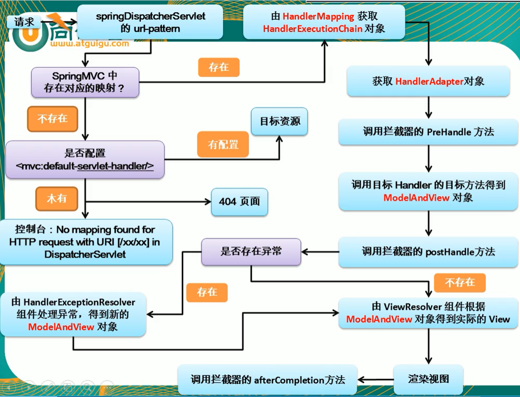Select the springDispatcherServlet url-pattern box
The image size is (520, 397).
click(x=150, y=22)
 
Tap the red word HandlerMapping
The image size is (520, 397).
click(x=318, y=17)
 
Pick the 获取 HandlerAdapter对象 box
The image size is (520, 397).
click(x=428, y=81)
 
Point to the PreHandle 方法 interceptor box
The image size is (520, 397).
click(x=428, y=132)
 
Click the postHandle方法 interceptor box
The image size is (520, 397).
click(x=428, y=252)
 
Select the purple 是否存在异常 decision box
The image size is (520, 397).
click(x=251, y=252)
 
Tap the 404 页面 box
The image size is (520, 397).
click(x=239, y=202)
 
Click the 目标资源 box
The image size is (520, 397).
click(x=279, y=121)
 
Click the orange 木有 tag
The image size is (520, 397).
click(x=57, y=198)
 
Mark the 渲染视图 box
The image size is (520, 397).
click(x=428, y=379)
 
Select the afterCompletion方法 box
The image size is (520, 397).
click(x=267, y=380)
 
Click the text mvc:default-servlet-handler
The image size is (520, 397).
click(x=84, y=167)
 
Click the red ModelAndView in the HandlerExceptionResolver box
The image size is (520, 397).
click(x=61, y=327)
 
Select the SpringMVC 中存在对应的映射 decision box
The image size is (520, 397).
click(x=84, y=82)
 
